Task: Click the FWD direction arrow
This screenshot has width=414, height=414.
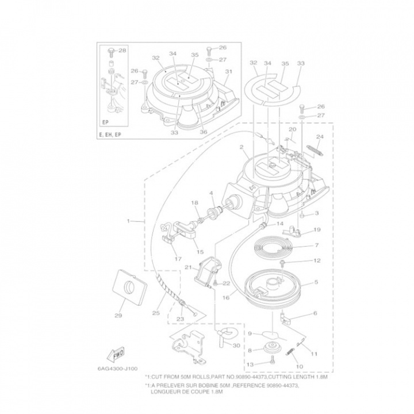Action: click(115, 352)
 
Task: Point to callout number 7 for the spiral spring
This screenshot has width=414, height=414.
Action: click(316, 245)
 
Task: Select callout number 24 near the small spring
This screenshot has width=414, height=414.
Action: click(320, 137)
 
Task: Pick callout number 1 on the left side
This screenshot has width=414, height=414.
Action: click(128, 220)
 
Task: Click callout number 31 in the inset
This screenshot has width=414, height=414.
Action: click(228, 71)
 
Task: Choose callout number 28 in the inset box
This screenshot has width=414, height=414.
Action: click(122, 51)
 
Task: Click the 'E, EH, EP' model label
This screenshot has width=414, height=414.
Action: click(110, 135)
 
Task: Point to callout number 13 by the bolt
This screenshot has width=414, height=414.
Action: click(250, 364)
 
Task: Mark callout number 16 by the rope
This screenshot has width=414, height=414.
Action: click(226, 298)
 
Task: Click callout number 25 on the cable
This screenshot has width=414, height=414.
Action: click(156, 313)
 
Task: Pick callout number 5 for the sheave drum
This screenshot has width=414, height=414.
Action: click(316, 282)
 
